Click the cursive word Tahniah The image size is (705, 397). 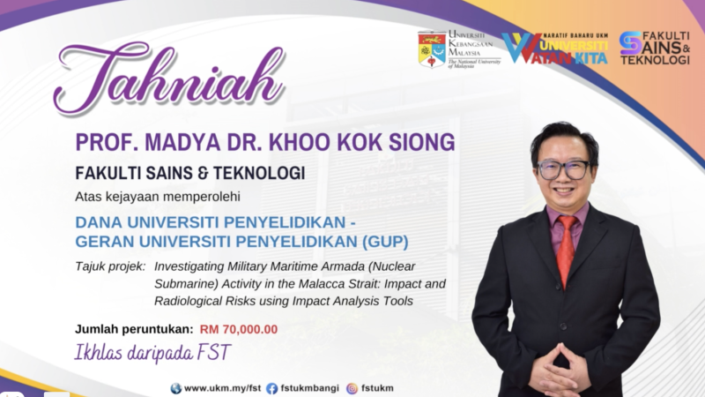pyautogui.click(x=167, y=79)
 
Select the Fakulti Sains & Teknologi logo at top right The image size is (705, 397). pyautogui.click(x=654, y=49)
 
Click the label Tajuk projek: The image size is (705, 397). pyautogui.click(x=109, y=265)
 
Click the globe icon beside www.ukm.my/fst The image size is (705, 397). pyautogui.click(x=176, y=388)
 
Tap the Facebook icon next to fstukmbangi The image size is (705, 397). pyautogui.click(x=271, y=388)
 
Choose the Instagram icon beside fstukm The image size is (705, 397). pyautogui.click(x=352, y=388)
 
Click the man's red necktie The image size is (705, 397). pyautogui.click(x=565, y=247)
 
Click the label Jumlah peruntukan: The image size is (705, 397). pyautogui.click(x=133, y=329)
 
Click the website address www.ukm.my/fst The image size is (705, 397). pyautogui.click(x=219, y=388)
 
